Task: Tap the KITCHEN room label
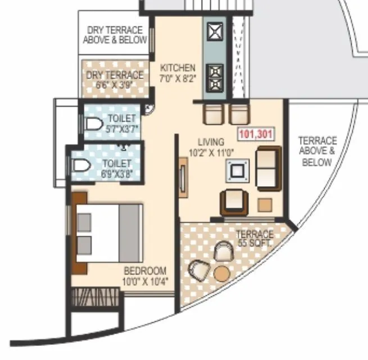pyautogui.click(x=178, y=67)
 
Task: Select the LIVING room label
pyautogui.click(x=211, y=141)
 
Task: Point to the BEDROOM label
pyautogui.click(x=145, y=270)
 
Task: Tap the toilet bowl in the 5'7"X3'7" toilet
pyautogui.click(x=93, y=123)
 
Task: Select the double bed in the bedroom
pyautogui.click(x=109, y=231)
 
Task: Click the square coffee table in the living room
pyautogui.click(x=237, y=170)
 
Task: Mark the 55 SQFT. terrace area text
pyautogui.click(x=255, y=244)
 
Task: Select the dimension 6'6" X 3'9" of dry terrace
pyautogui.click(x=115, y=85)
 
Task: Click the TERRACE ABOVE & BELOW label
pyautogui.click(x=317, y=151)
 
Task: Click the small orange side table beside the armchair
pyautogui.click(x=265, y=204)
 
